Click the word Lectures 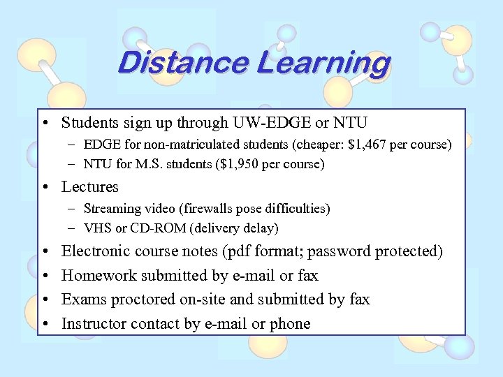point(90,186)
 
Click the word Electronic point(96,251)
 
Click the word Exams point(82,300)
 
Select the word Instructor point(95,324)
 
